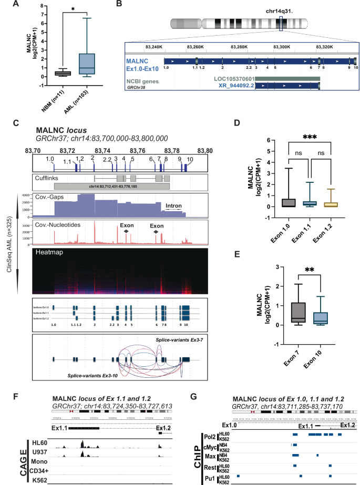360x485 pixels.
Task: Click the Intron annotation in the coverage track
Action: (x=173, y=206)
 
